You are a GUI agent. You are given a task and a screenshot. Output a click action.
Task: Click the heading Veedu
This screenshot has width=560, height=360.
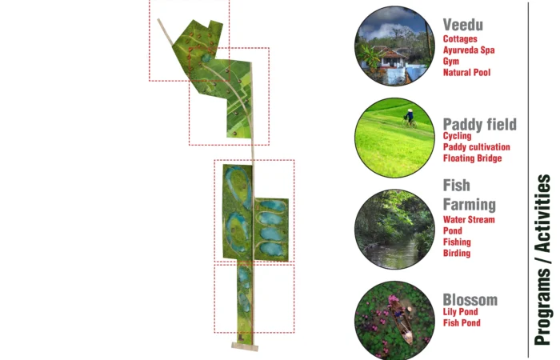click(463, 25)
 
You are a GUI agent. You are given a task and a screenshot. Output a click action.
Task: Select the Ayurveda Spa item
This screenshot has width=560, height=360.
click(469, 50)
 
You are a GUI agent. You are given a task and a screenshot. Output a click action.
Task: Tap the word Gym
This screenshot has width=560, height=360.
click(451, 62)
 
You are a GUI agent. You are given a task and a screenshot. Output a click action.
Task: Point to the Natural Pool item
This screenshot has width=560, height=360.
click(466, 73)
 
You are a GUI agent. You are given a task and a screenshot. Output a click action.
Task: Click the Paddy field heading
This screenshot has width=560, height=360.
click(480, 125)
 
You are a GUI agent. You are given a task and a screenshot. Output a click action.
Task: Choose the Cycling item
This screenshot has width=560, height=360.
click(457, 136)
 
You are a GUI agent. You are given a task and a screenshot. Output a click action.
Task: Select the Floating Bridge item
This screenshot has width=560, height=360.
click(473, 158)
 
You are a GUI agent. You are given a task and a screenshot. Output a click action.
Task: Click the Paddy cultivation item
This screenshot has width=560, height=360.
click(477, 147)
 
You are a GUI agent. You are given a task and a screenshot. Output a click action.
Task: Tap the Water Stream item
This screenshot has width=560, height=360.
click(469, 220)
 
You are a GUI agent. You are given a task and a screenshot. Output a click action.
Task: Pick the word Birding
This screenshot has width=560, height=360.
click(457, 254)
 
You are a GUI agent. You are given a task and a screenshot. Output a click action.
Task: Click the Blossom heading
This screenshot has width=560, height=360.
click(470, 300)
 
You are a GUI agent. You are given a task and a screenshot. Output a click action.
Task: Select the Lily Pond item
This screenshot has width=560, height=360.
click(460, 312)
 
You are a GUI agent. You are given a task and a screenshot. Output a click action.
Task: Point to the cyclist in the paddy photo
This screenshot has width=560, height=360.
click(410, 118)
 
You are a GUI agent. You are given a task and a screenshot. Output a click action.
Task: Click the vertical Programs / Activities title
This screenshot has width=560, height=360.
click(542, 260)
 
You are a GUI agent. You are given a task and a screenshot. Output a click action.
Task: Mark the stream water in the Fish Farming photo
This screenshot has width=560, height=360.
click(393, 254)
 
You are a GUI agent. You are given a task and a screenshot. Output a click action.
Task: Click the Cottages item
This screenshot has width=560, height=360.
click(460, 39)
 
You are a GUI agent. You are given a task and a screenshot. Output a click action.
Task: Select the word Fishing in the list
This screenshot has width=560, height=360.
click(457, 242)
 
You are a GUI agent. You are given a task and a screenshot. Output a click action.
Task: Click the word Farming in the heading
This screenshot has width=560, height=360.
click(470, 205)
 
